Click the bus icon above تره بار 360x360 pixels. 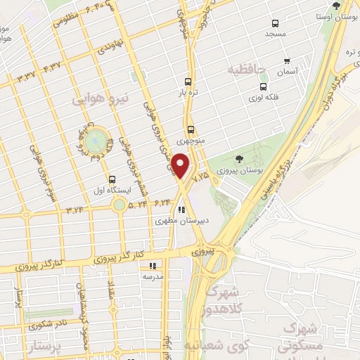[x=188, y=81]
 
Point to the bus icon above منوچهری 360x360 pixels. [x=191, y=129]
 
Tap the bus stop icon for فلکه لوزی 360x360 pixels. [x=263, y=87]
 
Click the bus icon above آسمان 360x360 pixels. [x=286, y=61]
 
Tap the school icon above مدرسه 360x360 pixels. [x=153, y=266]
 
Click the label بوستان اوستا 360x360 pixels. [x=335, y=15]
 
